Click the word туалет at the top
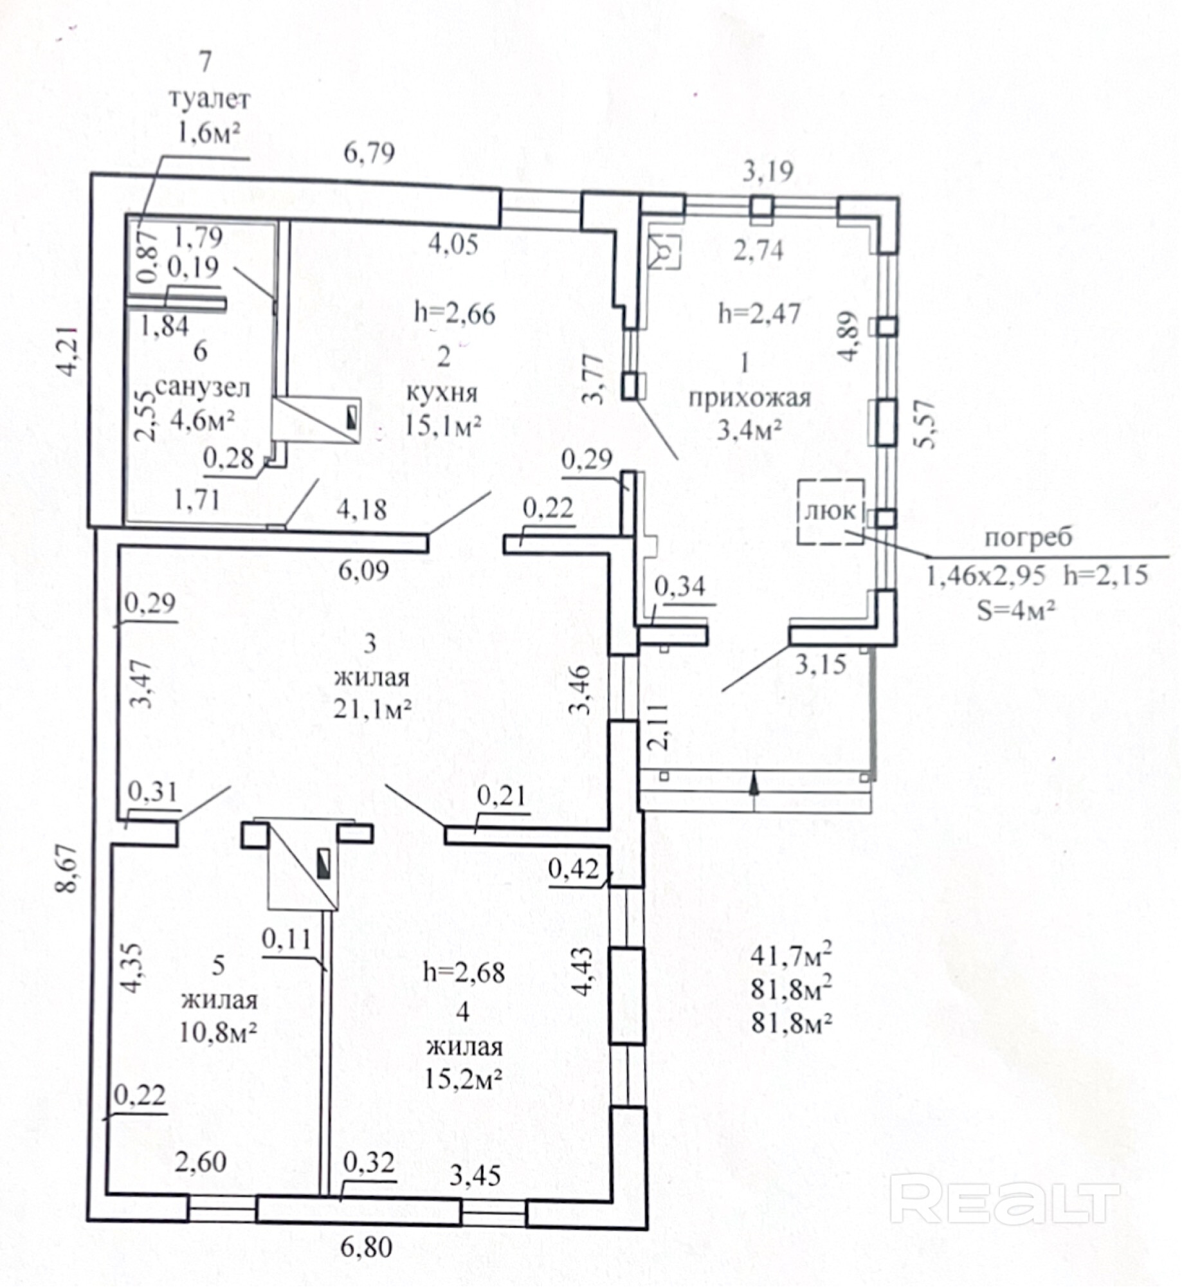tap(209, 100)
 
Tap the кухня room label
tap(442, 392)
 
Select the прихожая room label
tap(749, 399)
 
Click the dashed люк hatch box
tap(831, 512)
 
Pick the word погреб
tap(1028, 537)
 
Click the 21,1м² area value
tap(372, 709)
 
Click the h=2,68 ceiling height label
tap(464, 972)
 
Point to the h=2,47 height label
tap(759, 314)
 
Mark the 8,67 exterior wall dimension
tap(67, 868)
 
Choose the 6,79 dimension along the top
tap(369, 153)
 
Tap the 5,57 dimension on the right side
tap(926, 424)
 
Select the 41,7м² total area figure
tap(791, 956)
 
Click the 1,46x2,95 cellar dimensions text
tap(985, 575)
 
